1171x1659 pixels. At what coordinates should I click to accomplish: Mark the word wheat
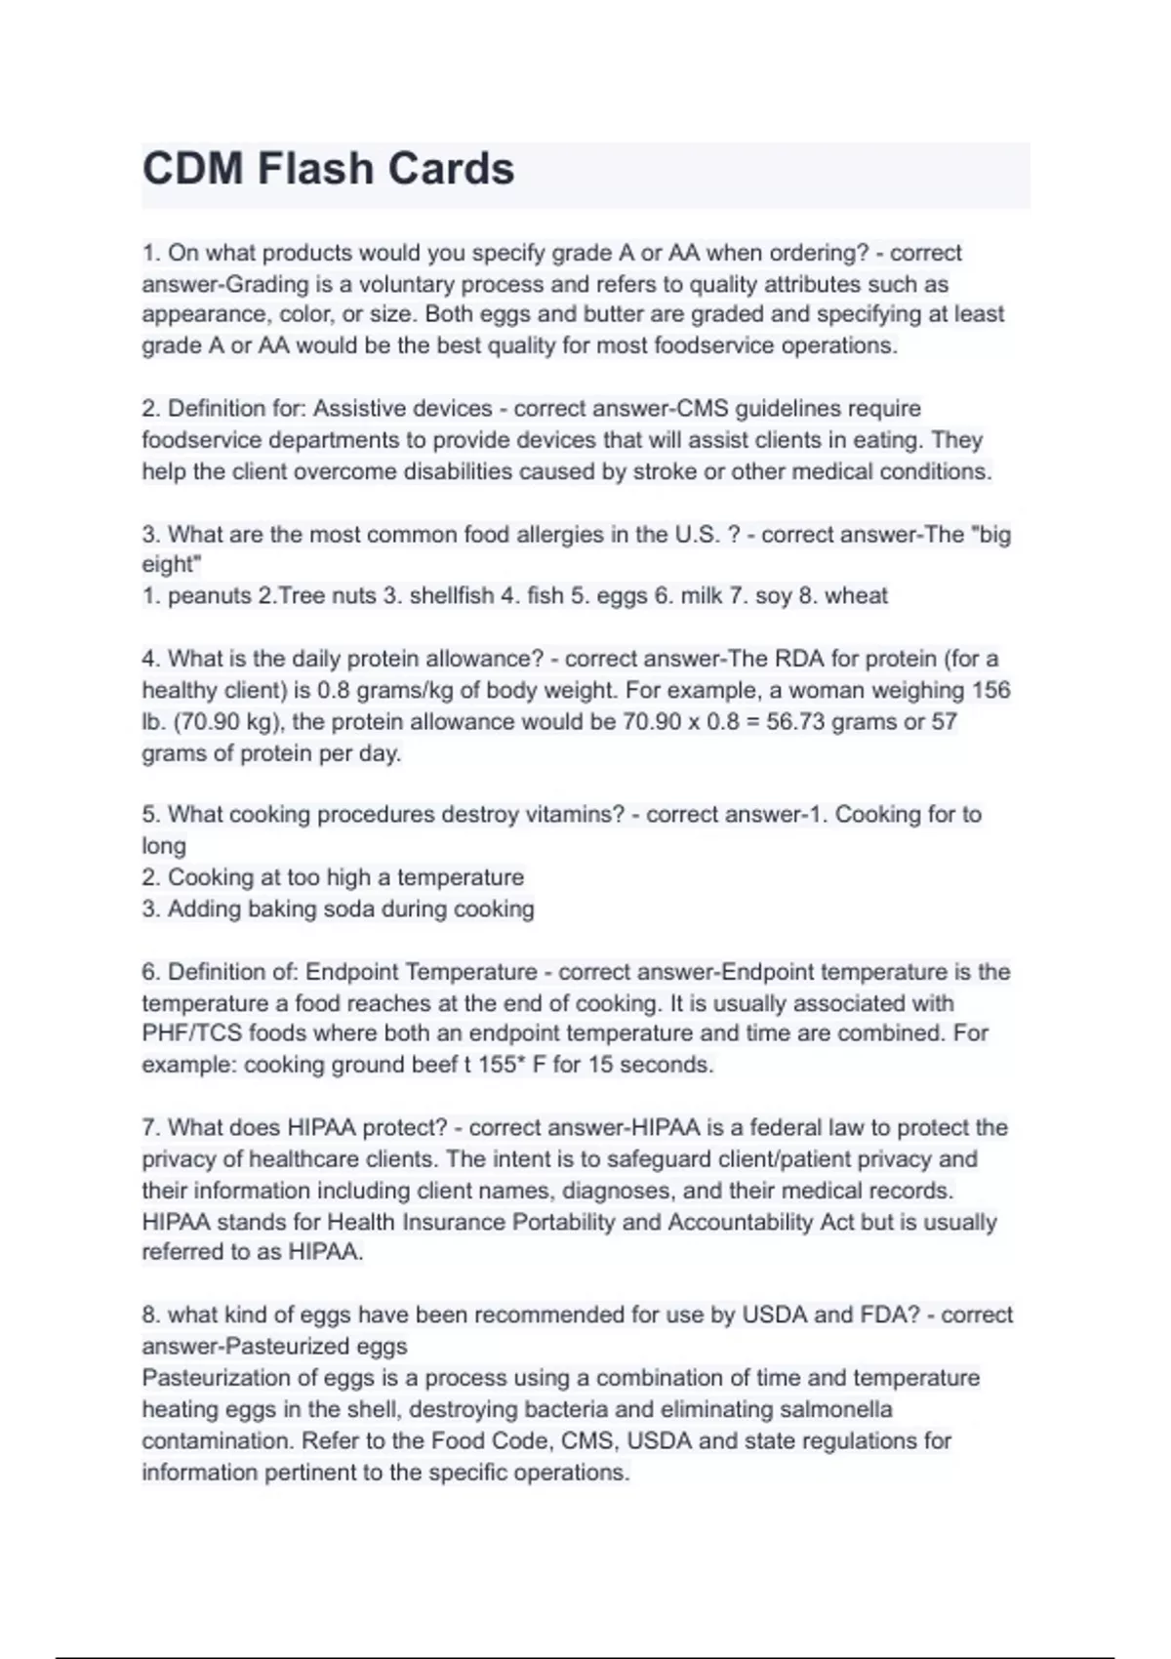click(x=856, y=595)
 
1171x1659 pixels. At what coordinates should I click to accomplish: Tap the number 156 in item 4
click(x=990, y=690)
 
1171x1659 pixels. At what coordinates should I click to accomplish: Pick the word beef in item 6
click(x=430, y=1065)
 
